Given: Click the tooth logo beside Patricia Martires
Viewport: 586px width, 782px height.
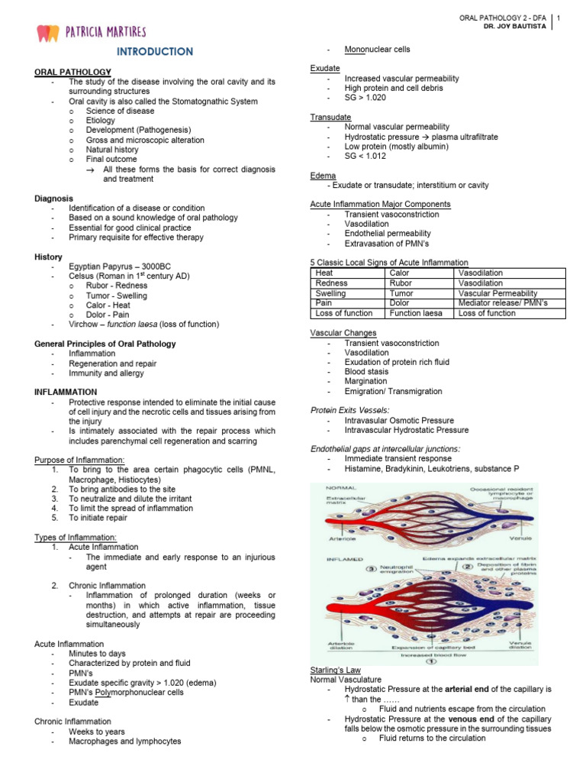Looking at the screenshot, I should (x=48, y=33).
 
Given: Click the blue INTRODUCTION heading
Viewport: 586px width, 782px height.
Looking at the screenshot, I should (x=155, y=52).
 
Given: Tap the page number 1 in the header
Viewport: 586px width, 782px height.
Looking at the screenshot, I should (x=559, y=18).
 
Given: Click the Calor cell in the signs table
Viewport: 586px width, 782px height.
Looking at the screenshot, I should (x=399, y=273).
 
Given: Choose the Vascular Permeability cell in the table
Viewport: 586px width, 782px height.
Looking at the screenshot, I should (x=497, y=292).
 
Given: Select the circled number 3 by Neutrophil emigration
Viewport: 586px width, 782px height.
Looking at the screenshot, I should (x=372, y=569).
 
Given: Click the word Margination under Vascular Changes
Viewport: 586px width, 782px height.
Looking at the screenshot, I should (x=365, y=381).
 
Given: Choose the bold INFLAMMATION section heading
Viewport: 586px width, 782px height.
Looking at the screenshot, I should (x=66, y=392).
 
